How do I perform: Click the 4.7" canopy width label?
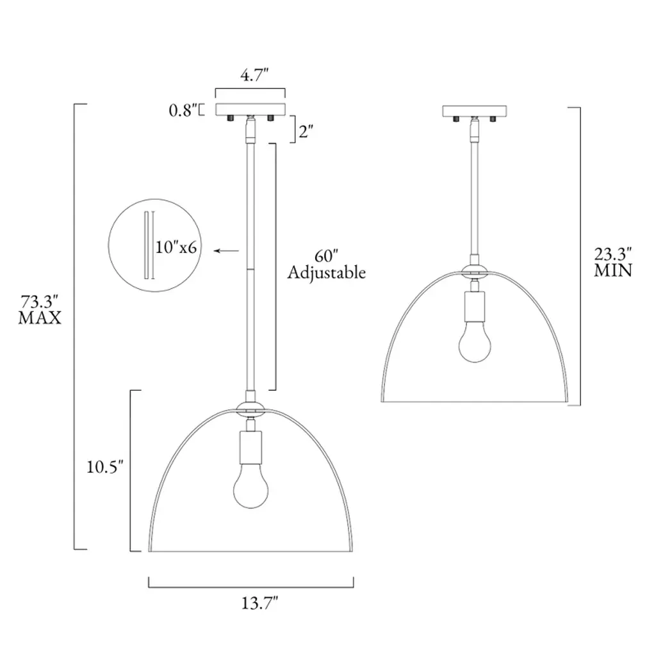click(x=254, y=76)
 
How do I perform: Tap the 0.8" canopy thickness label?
click(x=183, y=110)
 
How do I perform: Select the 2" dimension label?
click(x=306, y=132)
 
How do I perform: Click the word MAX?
click(x=40, y=318)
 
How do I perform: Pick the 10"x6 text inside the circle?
click(x=176, y=247)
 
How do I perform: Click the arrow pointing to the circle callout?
click(x=226, y=250)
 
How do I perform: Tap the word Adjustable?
click(x=326, y=273)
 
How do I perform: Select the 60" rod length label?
click(x=326, y=256)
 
